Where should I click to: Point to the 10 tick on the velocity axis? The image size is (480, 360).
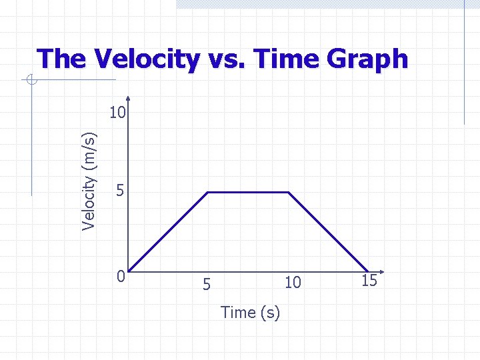coord(117,113)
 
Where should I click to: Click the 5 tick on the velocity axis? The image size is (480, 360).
coord(119,191)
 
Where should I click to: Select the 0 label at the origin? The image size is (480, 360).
coord(119,275)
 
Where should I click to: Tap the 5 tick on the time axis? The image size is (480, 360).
coord(207,284)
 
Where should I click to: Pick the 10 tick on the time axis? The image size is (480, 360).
coord(293,283)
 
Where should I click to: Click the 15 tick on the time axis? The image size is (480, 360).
coord(369,281)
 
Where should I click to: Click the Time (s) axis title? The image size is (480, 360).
coord(250,312)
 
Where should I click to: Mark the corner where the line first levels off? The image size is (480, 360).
coord(209,192)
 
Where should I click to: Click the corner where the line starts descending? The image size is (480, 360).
coord(289,192)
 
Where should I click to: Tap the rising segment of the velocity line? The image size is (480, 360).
coord(169,232)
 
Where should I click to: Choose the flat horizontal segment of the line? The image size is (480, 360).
coord(249,192)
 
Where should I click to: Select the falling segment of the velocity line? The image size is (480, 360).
coord(328,232)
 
